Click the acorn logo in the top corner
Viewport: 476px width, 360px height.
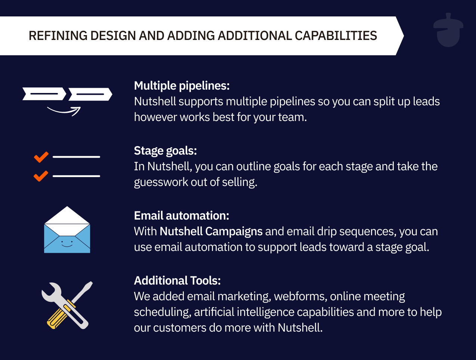[448, 31]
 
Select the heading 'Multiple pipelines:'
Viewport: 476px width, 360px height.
[182, 86]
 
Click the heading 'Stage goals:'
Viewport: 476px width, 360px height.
[165, 151]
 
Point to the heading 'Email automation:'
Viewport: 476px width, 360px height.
[181, 216]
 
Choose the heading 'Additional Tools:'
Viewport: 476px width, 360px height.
[177, 281]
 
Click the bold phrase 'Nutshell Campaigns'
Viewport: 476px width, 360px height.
[211, 232]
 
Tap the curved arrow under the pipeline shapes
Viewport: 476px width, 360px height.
[64, 111]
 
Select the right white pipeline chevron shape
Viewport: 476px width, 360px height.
[90, 94]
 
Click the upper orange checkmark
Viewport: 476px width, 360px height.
[41, 157]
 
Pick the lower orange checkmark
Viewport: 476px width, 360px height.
[41, 176]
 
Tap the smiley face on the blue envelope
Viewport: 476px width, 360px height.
[67, 244]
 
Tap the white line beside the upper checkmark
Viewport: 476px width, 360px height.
[76, 157]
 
